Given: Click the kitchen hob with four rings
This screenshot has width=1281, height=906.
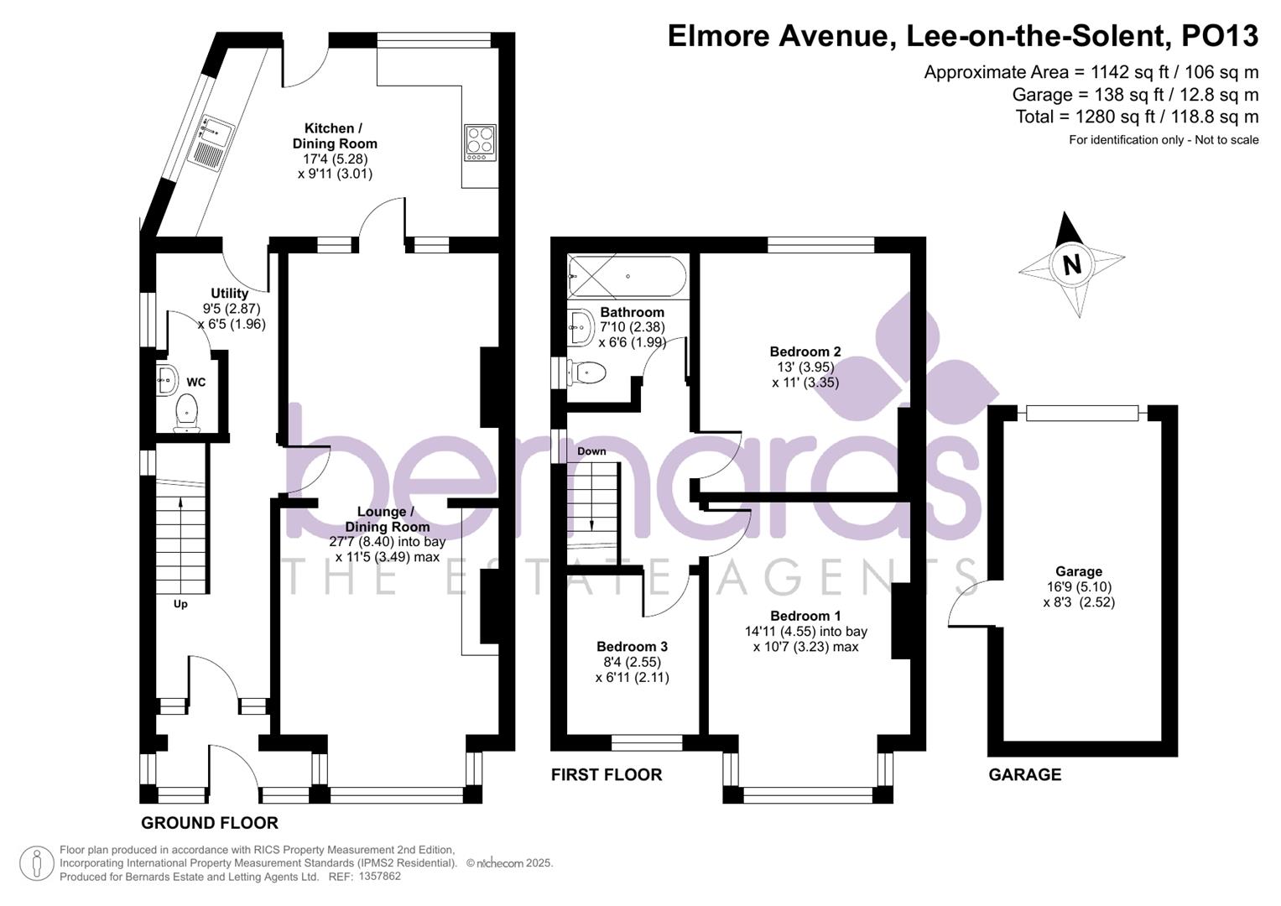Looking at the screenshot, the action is tap(481, 143).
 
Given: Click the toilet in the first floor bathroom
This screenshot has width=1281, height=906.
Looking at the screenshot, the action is tap(586, 373).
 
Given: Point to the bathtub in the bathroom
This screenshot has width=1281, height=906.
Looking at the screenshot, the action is tap(627, 277).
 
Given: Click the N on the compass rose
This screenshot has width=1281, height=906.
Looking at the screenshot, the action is tap(1071, 265).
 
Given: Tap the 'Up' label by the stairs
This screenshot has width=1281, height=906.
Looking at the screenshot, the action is tap(180, 604).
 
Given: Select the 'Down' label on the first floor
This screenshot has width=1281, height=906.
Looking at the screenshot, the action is tap(591, 451).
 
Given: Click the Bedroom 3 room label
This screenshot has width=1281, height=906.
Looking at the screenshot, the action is tap(632, 647).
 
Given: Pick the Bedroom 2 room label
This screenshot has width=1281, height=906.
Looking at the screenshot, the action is tap(805, 351).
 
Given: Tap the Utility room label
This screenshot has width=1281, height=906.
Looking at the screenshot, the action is tap(229, 294).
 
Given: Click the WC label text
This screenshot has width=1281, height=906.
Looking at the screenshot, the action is tap(196, 382).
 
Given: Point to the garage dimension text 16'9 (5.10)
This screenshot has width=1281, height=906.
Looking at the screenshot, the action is tap(1079, 587).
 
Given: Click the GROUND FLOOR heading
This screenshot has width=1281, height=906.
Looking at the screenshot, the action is tap(210, 823).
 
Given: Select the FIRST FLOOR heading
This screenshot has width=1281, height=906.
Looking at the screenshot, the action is tap(607, 775).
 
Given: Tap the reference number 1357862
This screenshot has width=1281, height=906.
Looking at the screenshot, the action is tap(380, 877).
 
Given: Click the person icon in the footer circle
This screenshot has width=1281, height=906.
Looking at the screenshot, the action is tap(37, 863).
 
